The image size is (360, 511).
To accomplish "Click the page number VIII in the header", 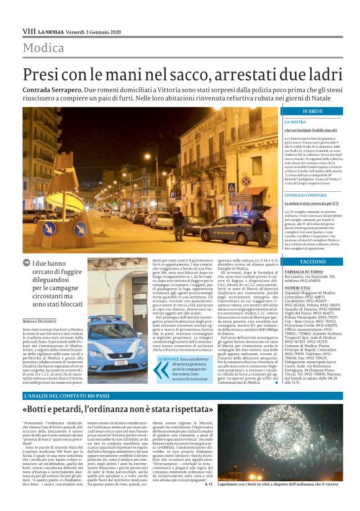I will click(x=29, y=30).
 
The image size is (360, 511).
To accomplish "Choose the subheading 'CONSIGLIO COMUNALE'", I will click(x=323, y=195).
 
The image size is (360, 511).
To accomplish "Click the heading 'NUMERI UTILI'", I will click(x=314, y=287).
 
